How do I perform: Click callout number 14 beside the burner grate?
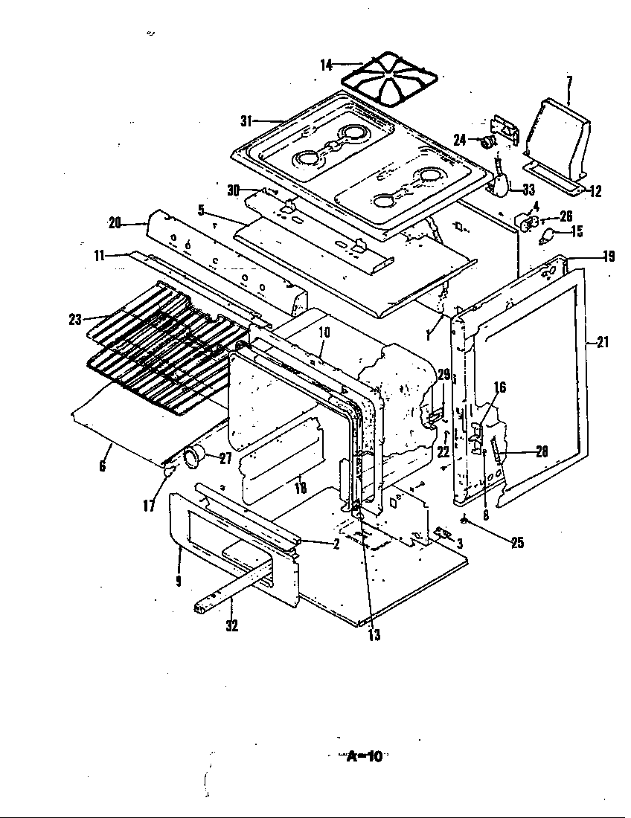click(326, 65)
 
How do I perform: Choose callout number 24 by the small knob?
click(459, 138)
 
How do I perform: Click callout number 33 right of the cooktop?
click(528, 190)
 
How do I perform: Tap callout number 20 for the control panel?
click(115, 222)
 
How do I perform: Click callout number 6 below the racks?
click(102, 466)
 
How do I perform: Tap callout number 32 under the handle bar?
click(232, 626)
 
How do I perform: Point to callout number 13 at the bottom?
click(373, 635)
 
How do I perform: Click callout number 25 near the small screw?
click(516, 543)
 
